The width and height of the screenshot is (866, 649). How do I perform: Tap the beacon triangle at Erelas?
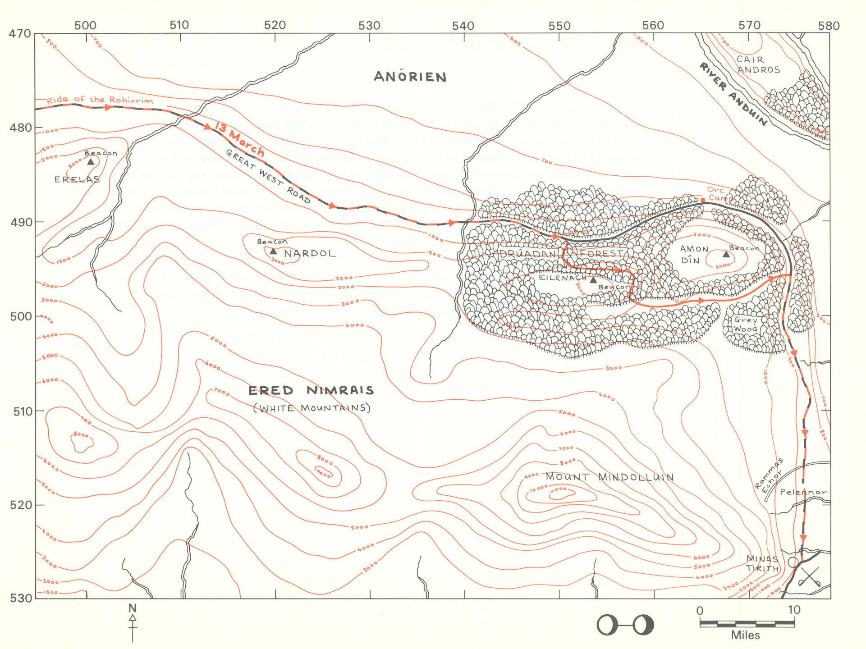[91, 162]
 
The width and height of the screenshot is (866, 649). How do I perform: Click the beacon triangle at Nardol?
[273, 251]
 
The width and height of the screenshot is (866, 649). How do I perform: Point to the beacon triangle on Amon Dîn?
[726, 255]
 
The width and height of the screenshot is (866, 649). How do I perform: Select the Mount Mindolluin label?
[609, 477]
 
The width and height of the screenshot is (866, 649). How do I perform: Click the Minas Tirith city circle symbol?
[793, 562]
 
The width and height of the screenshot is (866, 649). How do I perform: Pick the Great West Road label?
[268, 176]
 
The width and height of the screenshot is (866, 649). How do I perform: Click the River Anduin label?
[733, 94]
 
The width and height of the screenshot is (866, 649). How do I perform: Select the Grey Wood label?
[746, 324]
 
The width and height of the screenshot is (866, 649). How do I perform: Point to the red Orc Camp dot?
[703, 200]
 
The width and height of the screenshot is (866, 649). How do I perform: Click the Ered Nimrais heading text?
[311, 390]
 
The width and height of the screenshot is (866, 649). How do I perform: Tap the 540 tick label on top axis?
[463, 26]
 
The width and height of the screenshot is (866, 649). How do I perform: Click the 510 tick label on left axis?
[21, 411]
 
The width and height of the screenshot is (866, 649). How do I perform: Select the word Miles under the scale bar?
[745, 635]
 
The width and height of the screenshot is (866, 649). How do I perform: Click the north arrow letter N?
[132, 608]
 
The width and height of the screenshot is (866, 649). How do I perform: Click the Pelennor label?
[803, 492]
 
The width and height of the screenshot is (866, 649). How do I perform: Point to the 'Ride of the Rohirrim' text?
[100, 100]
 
